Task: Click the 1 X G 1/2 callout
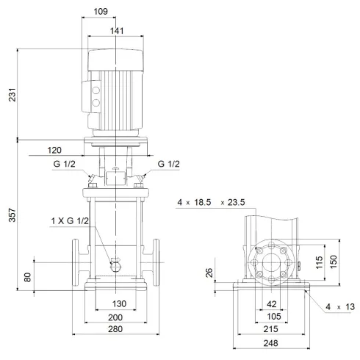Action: (71, 221)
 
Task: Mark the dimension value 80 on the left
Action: (28, 277)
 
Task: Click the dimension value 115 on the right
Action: (319, 262)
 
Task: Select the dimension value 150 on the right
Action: (333, 262)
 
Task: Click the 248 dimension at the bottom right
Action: (271, 343)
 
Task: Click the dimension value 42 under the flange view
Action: (271, 304)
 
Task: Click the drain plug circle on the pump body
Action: (116, 267)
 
